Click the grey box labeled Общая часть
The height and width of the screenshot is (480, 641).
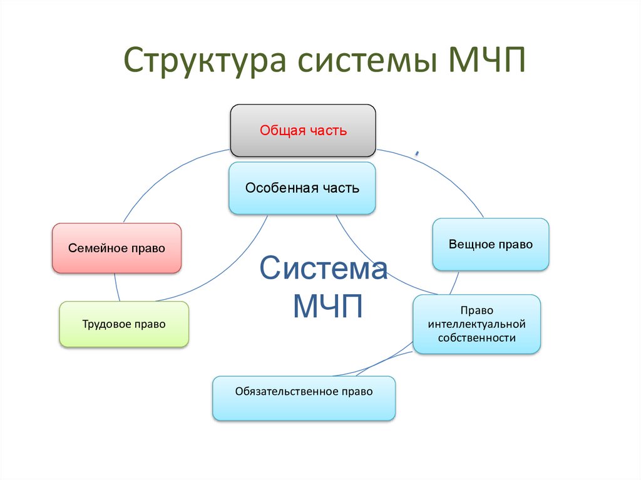[x=303, y=131]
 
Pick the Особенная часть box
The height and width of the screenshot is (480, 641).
[x=302, y=188]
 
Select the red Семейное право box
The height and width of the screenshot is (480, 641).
[x=116, y=248]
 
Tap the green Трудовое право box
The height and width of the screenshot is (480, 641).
[x=124, y=324]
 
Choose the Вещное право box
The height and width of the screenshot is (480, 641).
[x=491, y=244]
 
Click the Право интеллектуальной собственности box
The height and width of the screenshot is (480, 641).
[x=476, y=324]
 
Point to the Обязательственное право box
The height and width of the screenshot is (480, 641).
[x=304, y=398]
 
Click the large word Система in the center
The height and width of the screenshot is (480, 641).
[x=324, y=270]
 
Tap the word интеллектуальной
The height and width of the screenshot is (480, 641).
[x=476, y=324]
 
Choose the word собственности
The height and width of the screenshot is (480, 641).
[x=476, y=338]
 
